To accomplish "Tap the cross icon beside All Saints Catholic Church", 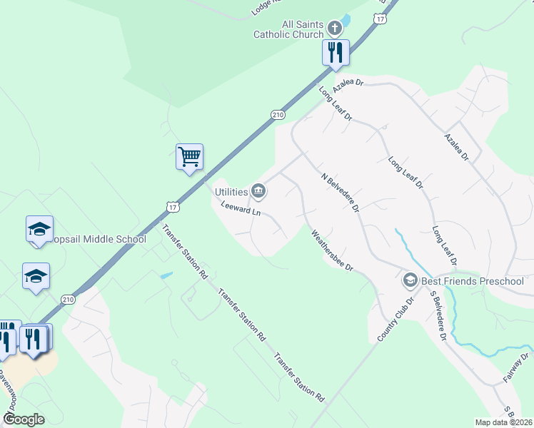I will pos(334,29).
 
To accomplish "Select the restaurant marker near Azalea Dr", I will pos(335,53).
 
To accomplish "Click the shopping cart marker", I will pos(189,156).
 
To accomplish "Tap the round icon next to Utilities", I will pos(258,190).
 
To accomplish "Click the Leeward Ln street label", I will pos(241,211).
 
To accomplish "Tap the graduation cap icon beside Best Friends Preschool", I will pos(410,280).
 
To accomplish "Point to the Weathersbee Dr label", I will pos(331,250).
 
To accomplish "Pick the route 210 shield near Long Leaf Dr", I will pos(278,114).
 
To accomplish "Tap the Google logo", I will pos(24,420).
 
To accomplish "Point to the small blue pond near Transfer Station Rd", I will pos(166,275).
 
